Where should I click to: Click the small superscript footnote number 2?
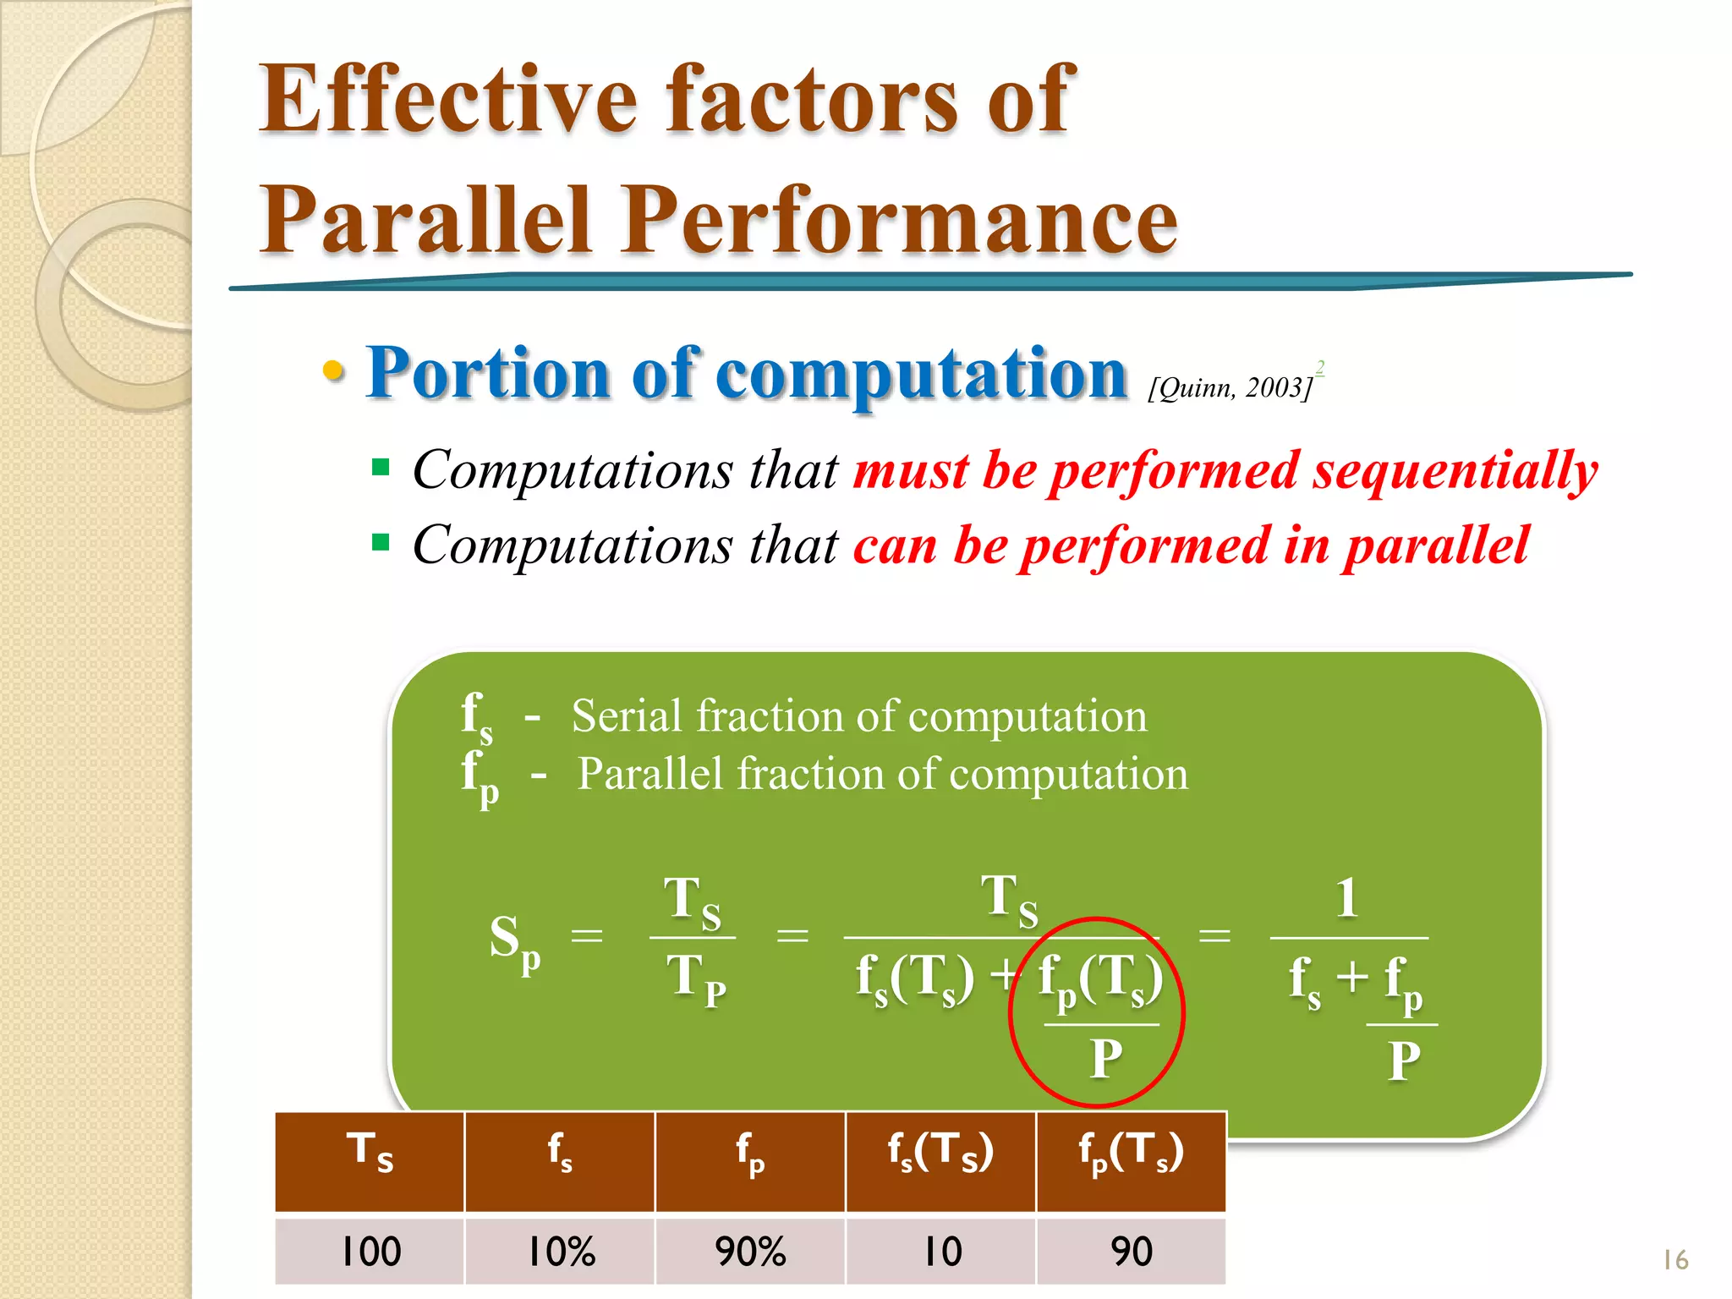click(1319, 367)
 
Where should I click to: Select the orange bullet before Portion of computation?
click(334, 370)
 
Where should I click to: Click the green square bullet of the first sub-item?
click(381, 468)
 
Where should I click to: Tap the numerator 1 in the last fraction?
click(1347, 898)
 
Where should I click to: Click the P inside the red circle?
click(1105, 1058)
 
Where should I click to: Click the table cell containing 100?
click(370, 1251)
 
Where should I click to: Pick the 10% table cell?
click(560, 1251)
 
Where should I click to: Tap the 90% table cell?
click(750, 1251)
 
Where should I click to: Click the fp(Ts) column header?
click(1131, 1154)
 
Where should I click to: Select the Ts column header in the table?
click(370, 1154)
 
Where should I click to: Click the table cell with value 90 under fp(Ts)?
click(1131, 1251)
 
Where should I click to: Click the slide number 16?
click(1674, 1260)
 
